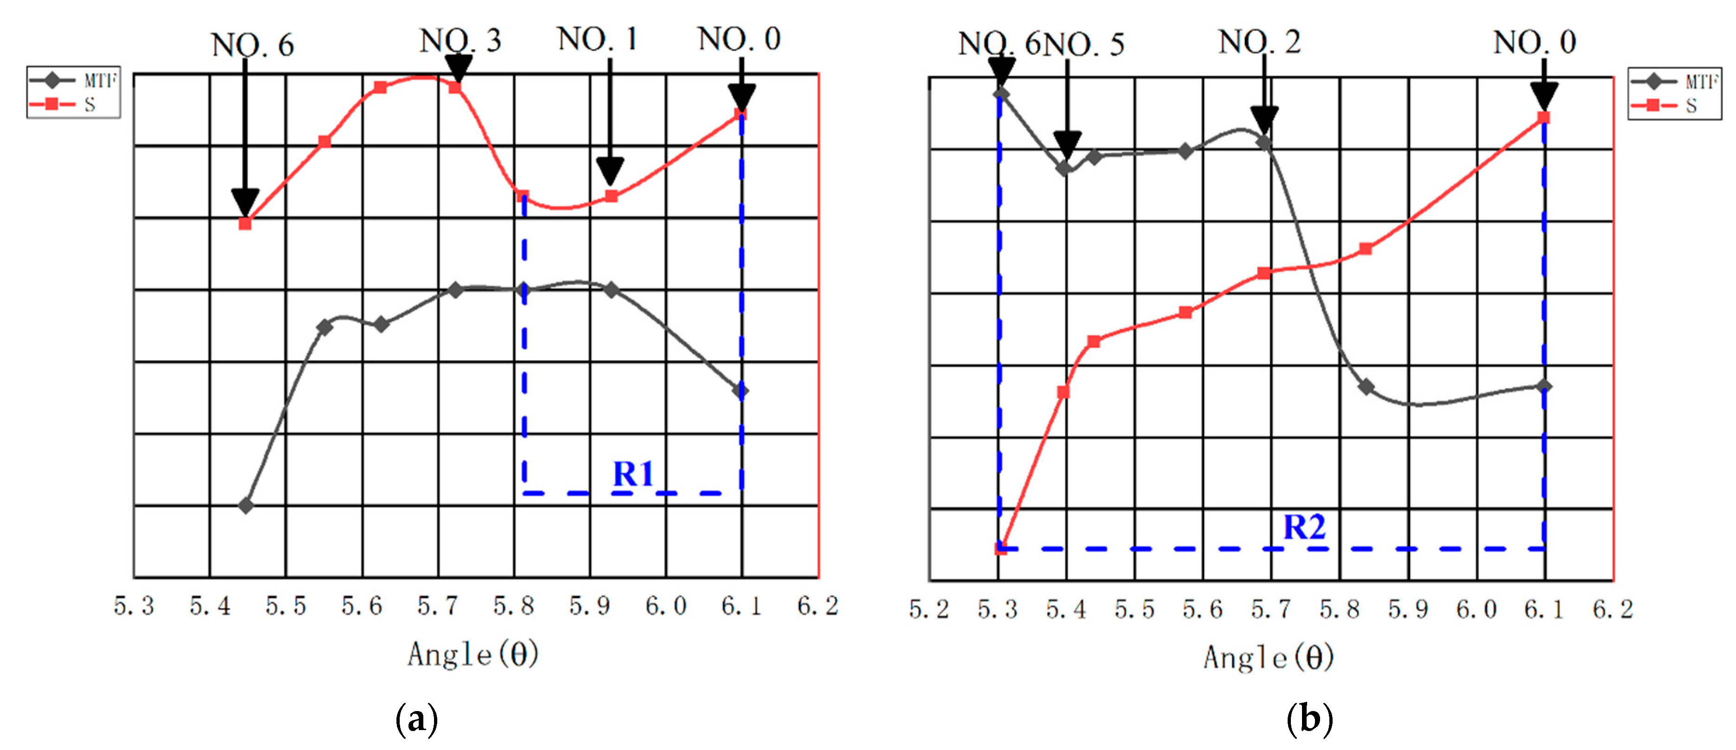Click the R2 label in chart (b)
[1304, 527]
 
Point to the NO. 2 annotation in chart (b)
[1259, 43]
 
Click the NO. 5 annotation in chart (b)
[1085, 45]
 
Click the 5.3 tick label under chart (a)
[134, 606]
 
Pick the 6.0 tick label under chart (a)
[666, 606]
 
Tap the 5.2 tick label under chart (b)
[929, 610]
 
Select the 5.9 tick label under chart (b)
[1408, 610]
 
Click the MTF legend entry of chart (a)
[73, 81]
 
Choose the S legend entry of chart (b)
[1674, 106]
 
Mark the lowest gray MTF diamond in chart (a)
[246, 505]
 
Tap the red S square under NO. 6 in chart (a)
[245, 224]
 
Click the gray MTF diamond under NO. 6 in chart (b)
[1001, 94]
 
